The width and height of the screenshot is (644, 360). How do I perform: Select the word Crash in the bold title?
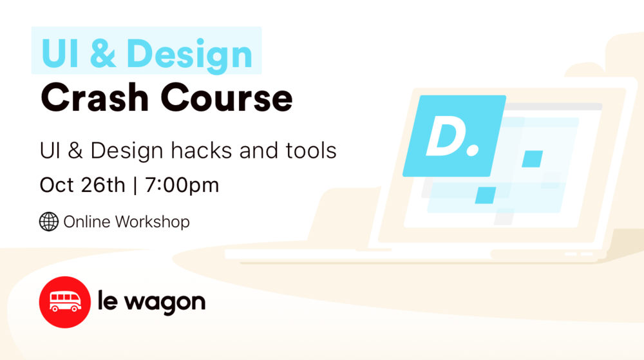(x=94, y=99)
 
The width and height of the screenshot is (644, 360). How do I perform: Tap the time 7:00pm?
(x=182, y=185)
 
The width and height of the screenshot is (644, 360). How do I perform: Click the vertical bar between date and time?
(x=135, y=185)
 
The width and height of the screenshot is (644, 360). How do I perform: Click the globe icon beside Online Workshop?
(x=49, y=222)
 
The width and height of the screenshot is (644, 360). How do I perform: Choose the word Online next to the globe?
(x=87, y=222)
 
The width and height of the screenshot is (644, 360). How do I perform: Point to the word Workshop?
(x=153, y=222)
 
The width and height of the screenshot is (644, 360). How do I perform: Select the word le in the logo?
(x=109, y=301)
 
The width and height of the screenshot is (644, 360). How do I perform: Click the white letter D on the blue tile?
(x=444, y=137)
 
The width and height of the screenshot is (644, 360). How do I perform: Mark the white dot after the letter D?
(x=473, y=151)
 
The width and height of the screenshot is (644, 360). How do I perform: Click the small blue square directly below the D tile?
(x=486, y=194)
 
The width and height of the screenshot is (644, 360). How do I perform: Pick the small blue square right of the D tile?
(x=532, y=158)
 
